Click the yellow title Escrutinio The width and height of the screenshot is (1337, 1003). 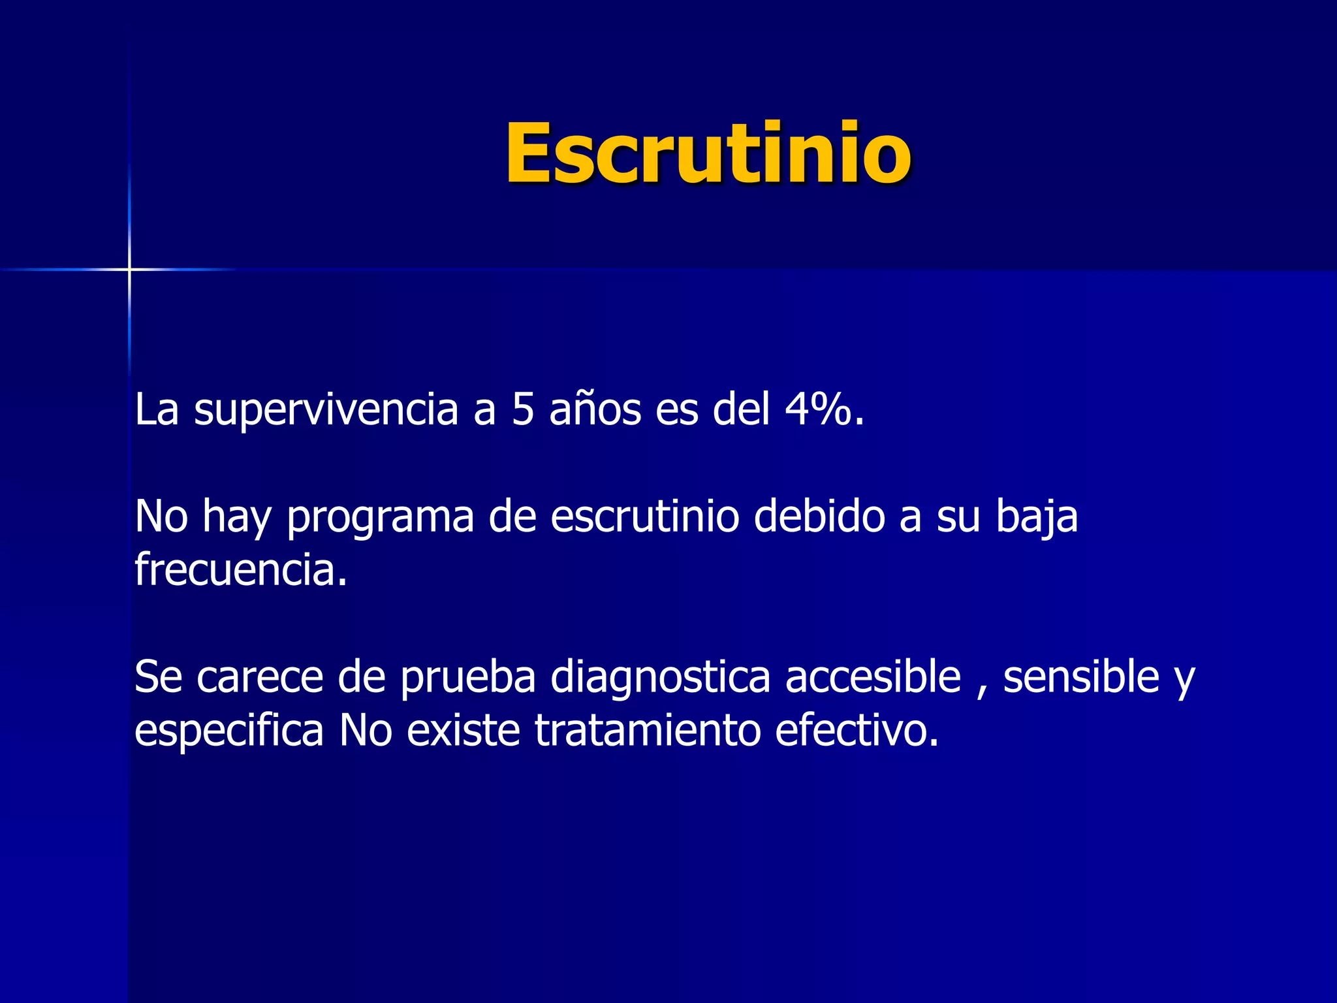[x=708, y=154]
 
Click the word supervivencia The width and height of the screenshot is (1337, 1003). [x=326, y=410]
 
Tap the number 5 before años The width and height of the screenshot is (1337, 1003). [x=523, y=410]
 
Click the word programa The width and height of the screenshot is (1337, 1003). [x=380, y=518]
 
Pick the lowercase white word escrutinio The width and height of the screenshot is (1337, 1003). [x=644, y=517]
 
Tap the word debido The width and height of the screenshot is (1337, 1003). [x=819, y=517]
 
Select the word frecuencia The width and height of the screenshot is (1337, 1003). [x=240, y=570]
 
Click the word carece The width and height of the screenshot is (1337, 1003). [x=260, y=677]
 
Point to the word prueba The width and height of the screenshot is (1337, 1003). [x=467, y=678]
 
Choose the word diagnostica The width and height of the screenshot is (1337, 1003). [x=660, y=678]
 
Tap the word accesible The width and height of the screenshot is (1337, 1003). [x=873, y=677]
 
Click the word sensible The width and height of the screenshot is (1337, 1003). [x=1081, y=677]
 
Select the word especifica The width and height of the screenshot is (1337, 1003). [x=228, y=731]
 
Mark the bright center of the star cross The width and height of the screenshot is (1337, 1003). [x=129, y=269]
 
